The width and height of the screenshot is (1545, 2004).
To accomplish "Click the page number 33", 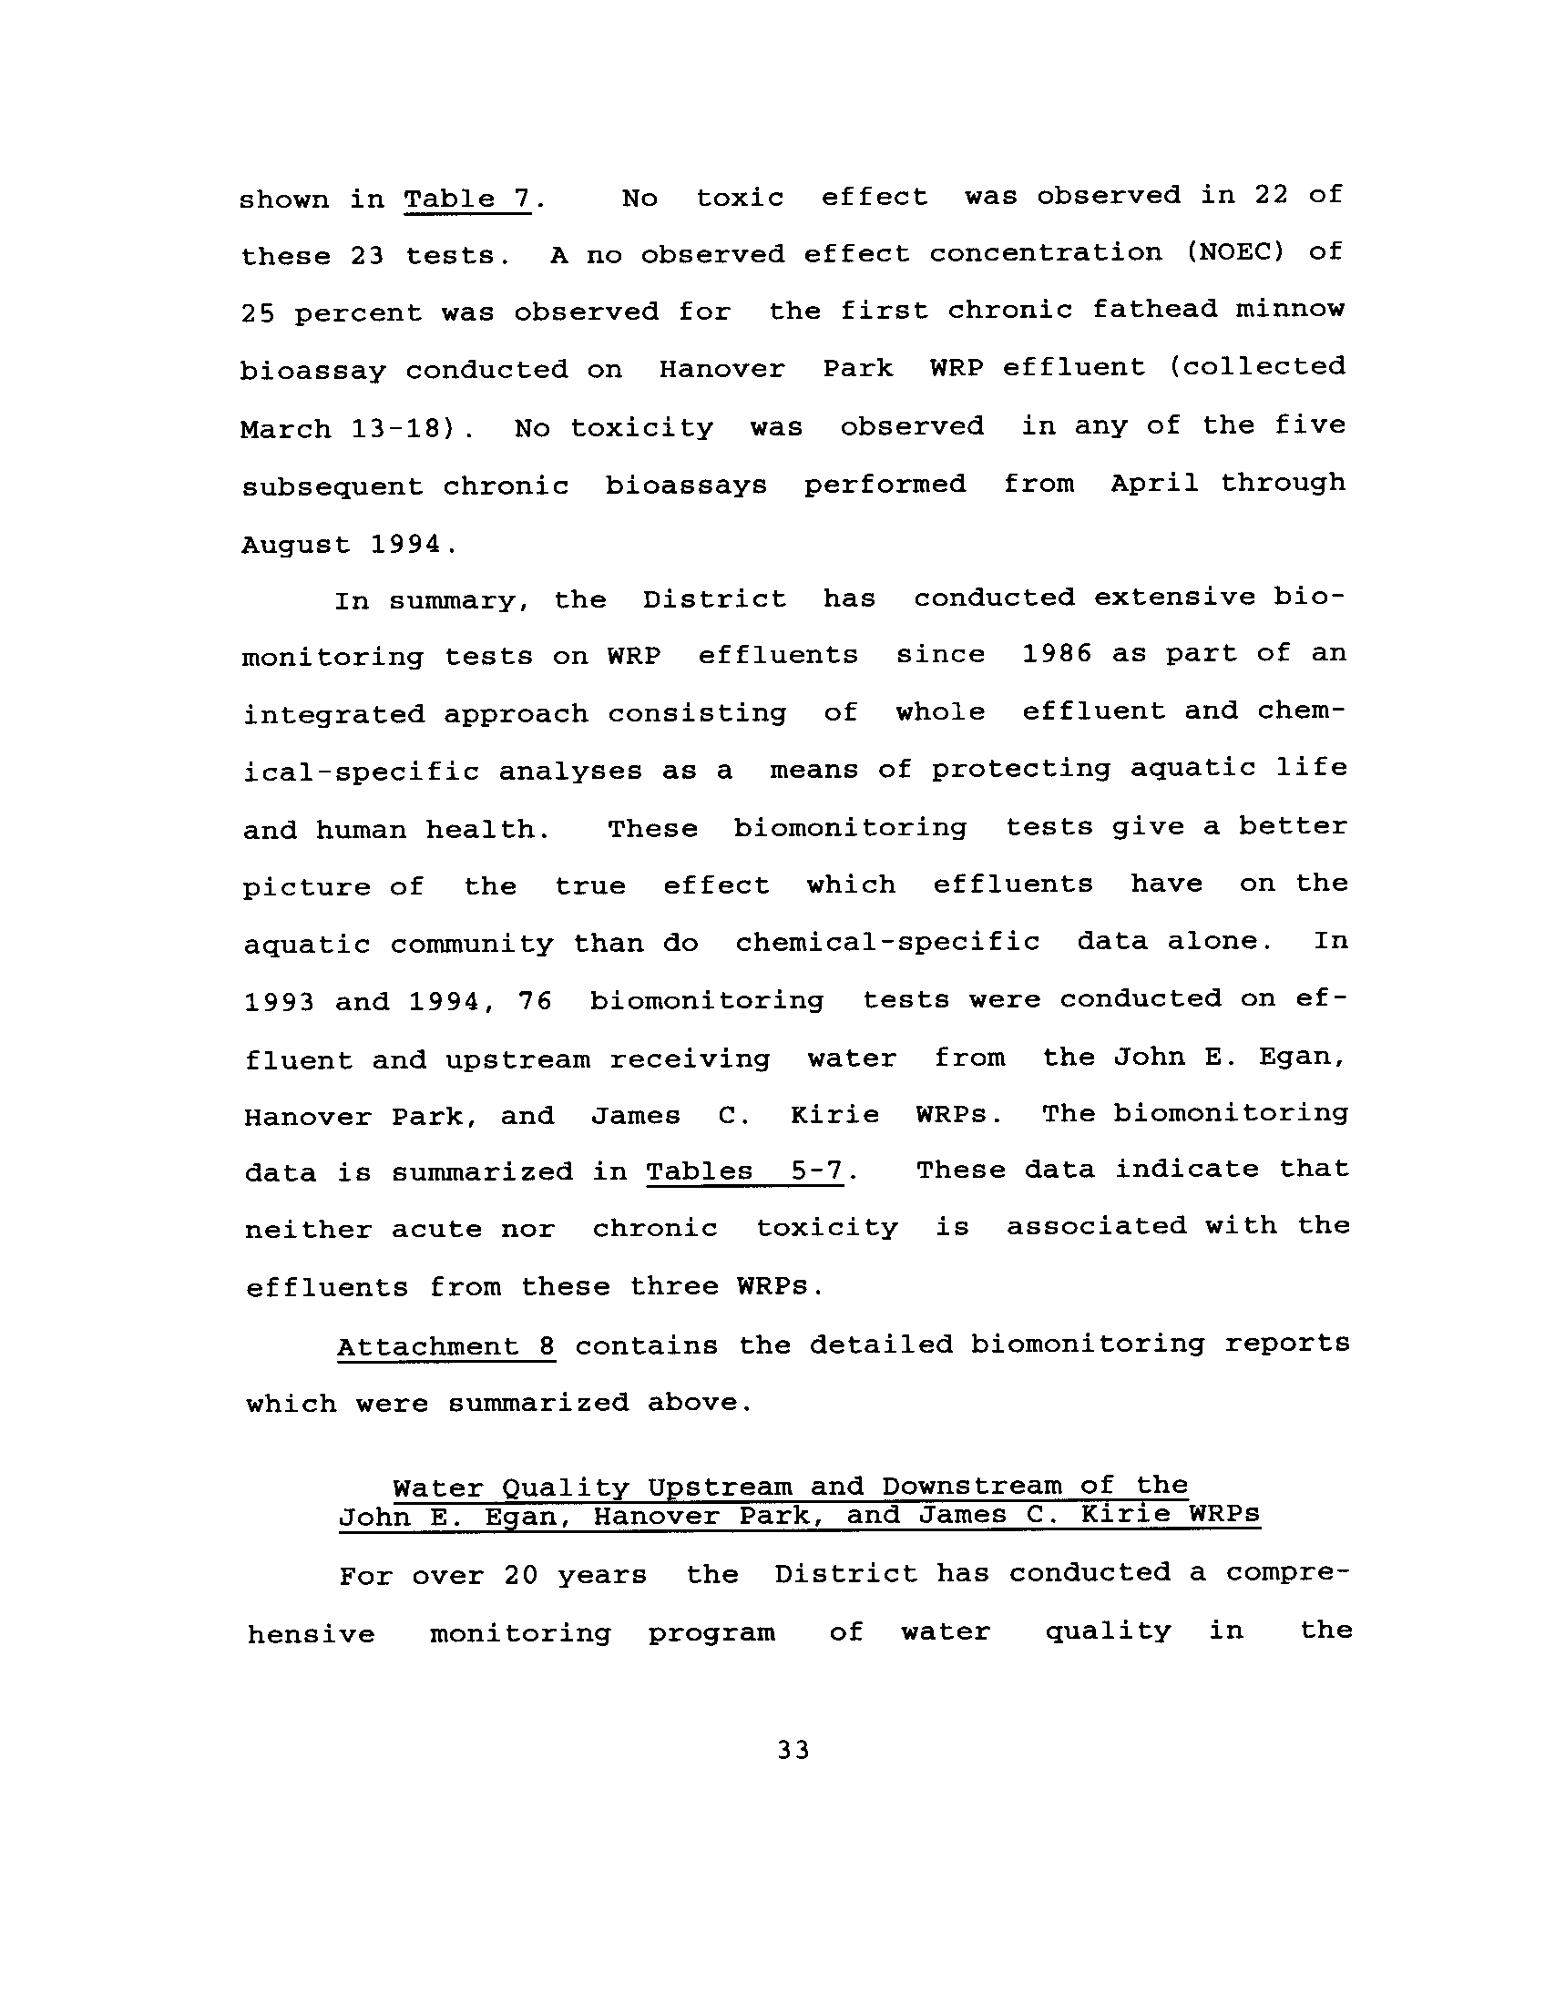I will [793, 1751].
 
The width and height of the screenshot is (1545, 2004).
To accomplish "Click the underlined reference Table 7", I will [467, 199].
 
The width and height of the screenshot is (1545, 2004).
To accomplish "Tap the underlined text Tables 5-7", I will [744, 1171].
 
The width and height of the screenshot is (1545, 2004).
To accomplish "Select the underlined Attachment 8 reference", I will [445, 1346].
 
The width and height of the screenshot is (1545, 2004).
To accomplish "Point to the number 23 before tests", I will [366, 256].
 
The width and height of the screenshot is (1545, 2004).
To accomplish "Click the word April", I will [1154, 484].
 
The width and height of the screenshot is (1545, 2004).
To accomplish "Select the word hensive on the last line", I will [311, 1634].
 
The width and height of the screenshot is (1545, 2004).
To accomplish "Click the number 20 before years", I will [520, 1576].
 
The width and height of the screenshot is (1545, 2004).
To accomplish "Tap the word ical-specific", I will [361, 772].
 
